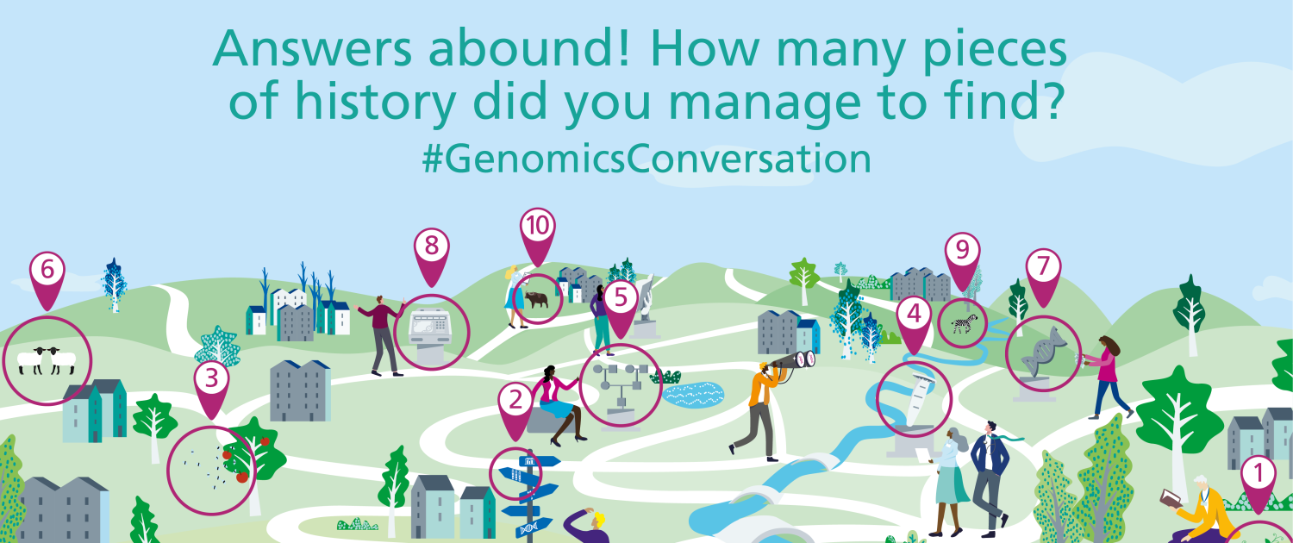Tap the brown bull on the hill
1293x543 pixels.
pyautogui.click(x=536, y=299)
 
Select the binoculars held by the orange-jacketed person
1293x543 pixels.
pyautogui.click(x=792, y=361)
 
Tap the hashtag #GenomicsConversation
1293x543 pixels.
pyautogui.click(x=646, y=159)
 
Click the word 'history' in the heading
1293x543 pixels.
pyautogui.click(x=376, y=103)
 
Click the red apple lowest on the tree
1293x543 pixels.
pyautogui.click(x=242, y=477)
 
